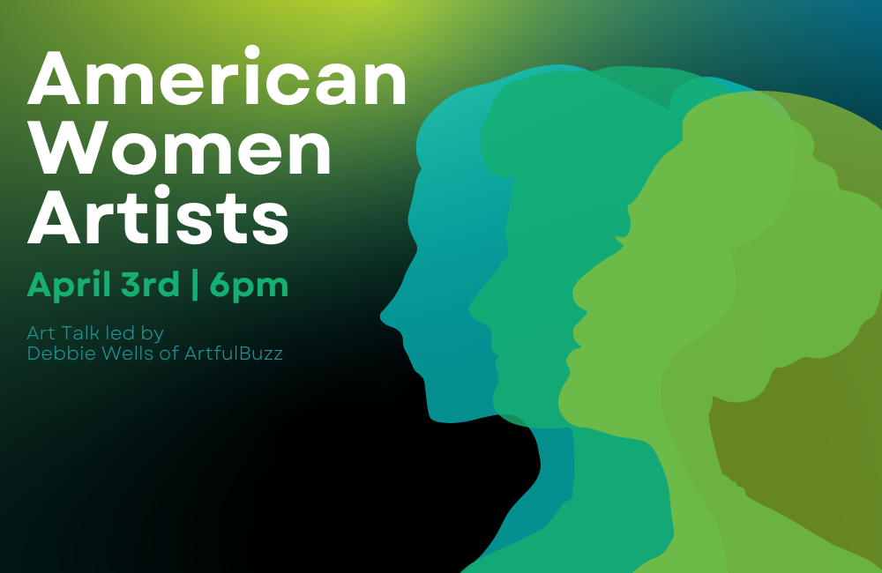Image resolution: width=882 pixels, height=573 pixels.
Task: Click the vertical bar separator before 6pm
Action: coord(195,285)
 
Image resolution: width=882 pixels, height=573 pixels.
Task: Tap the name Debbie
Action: coord(56,353)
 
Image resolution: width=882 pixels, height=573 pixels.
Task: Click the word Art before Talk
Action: coord(41,333)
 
